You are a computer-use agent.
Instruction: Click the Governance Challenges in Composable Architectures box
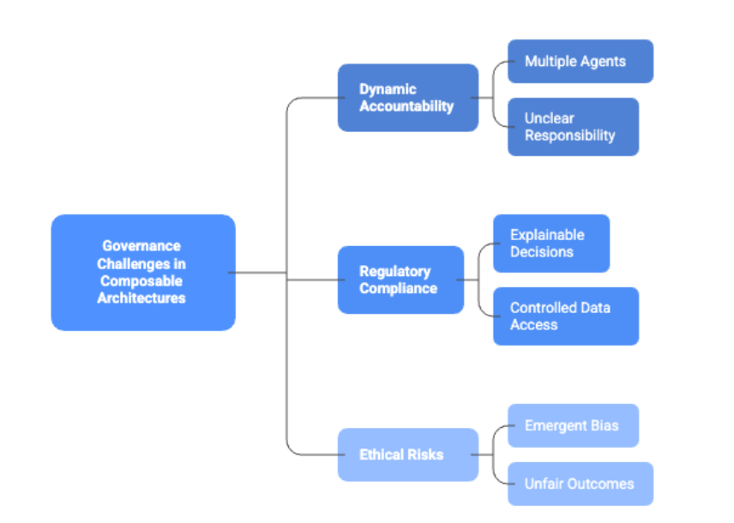[x=142, y=273]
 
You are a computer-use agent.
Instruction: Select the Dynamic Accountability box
[x=407, y=98]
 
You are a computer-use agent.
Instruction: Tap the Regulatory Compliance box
[x=400, y=280]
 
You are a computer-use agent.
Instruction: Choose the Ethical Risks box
[x=407, y=454]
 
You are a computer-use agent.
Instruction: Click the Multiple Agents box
[x=580, y=62]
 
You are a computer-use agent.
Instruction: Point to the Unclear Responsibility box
[x=573, y=127]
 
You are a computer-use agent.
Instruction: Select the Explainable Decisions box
[x=550, y=243]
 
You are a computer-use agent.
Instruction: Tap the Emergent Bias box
[x=573, y=425]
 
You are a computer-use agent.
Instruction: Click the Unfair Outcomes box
[x=580, y=484]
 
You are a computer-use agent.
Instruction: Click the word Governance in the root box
[x=141, y=246]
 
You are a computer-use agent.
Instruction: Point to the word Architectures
[x=141, y=298]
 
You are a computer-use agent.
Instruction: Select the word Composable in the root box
[x=141, y=281]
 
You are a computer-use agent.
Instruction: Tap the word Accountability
[x=406, y=106]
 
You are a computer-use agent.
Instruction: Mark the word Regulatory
[x=394, y=272]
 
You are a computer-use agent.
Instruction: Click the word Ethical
[x=382, y=454]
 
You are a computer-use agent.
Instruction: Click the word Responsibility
[x=570, y=135]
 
